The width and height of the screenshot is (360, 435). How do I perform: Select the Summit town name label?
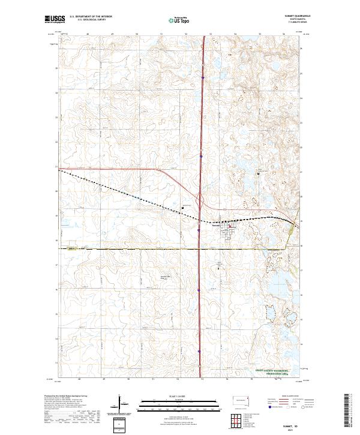click(x=217, y=226)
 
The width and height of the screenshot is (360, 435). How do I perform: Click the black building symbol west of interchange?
click(x=182, y=208)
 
